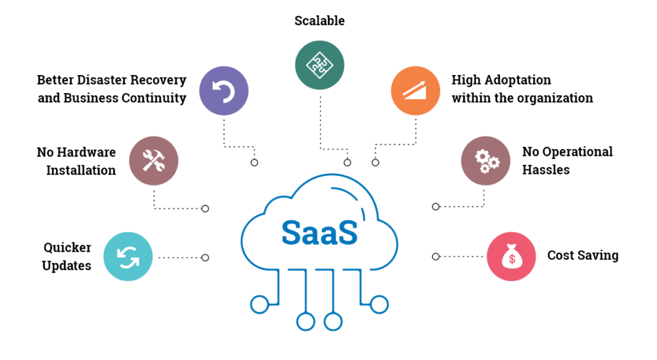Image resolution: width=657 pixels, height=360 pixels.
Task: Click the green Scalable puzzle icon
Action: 320,65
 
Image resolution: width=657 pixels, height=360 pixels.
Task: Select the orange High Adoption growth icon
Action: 415,90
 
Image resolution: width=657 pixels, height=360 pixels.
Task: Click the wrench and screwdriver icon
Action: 153,161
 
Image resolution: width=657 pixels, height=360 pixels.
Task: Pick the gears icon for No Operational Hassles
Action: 486,160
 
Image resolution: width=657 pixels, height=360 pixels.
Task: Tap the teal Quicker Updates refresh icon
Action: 128,257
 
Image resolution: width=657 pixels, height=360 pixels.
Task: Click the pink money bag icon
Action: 511,256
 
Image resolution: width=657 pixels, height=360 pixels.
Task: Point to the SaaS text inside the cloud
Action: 319,232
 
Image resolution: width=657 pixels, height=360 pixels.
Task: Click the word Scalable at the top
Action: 320,21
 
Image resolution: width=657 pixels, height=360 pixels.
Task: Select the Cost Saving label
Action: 583,255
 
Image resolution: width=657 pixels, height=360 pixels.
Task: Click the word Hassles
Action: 545,169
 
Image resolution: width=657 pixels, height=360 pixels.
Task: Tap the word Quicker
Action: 67,248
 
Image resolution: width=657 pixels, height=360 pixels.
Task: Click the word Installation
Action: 81,171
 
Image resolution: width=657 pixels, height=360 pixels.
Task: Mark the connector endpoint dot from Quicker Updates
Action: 205,257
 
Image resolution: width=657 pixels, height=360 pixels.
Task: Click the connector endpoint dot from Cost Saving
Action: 436,257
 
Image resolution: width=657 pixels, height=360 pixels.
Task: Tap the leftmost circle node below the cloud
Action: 259,304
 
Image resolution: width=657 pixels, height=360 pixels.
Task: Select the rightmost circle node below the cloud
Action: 379,304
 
